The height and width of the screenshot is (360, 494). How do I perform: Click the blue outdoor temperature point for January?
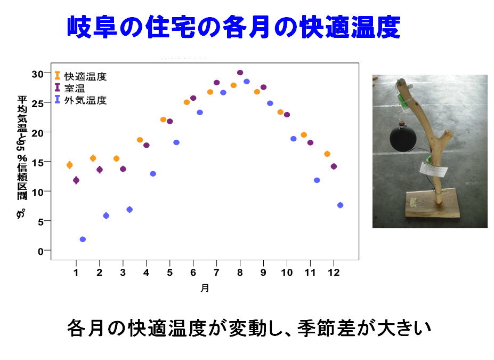[83, 239]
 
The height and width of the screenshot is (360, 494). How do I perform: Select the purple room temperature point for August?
[240, 73]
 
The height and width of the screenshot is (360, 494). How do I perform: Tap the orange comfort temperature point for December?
[327, 154]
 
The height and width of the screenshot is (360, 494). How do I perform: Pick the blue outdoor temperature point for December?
[340, 205]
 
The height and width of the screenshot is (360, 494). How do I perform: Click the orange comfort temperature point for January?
[70, 165]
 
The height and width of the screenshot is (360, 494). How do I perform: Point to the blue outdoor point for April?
[153, 174]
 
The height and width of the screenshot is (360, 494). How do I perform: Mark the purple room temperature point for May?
[170, 122]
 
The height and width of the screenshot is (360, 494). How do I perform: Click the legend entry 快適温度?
[80, 76]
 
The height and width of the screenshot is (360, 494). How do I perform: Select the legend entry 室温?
[70, 88]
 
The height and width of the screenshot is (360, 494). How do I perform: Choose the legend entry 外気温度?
[80, 100]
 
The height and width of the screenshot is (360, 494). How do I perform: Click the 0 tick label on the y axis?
[41, 252]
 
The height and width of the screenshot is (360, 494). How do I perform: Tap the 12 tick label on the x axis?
[334, 273]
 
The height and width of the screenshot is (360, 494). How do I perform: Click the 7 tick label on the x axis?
[216, 273]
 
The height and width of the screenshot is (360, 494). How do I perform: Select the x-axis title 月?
[205, 288]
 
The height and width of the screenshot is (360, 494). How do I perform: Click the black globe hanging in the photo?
[403, 139]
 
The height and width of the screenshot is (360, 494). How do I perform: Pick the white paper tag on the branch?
[433, 170]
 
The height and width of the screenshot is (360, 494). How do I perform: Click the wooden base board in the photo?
[432, 203]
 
